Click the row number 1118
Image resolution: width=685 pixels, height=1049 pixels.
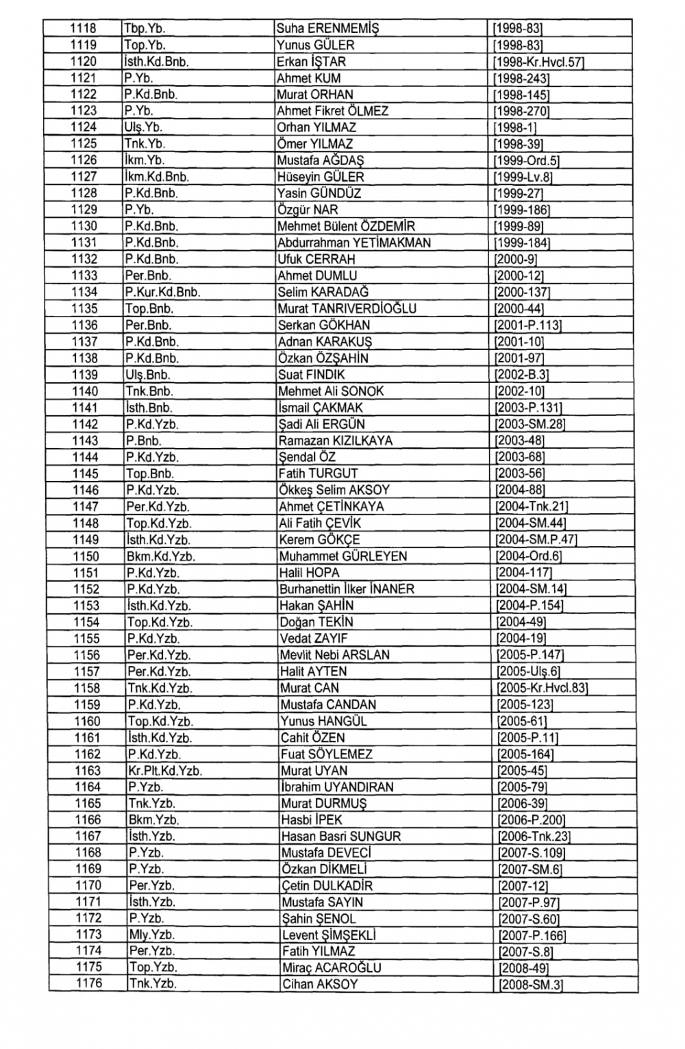click(84, 29)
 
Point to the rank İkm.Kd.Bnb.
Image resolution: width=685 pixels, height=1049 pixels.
click(156, 177)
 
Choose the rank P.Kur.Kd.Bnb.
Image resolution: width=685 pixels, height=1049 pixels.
click(162, 293)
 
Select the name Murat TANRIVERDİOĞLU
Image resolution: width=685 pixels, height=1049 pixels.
click(347, 309)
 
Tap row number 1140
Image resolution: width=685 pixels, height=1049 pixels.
click(86, 391)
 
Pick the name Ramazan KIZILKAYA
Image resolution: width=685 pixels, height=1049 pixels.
click(336, 441)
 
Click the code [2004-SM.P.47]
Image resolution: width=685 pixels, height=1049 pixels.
click(536, 540)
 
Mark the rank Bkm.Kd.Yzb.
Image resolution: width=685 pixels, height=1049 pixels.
click(161, 556)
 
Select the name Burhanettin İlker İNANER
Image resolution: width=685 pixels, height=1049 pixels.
click(347, 589)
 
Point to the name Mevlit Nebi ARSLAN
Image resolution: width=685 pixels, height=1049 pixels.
click(334, 655)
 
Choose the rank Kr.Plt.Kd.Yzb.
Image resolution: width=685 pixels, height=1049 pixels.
click(164, 771)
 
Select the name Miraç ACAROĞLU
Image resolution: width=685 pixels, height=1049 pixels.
click(332, 968)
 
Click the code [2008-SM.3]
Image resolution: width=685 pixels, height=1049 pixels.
click(531, 985)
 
